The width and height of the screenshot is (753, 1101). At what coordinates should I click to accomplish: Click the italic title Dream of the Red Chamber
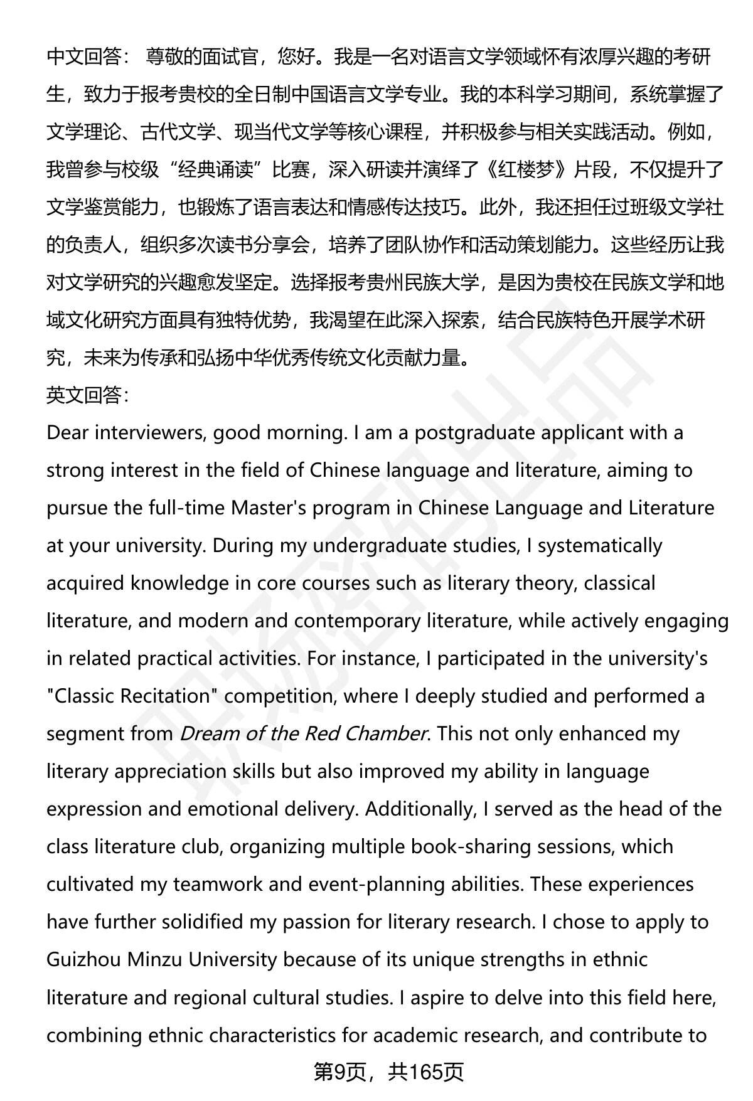pyautogui.click(x=304, y=733)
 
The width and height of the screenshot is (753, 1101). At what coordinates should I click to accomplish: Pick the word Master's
pyautogui.click(x=269, y=508)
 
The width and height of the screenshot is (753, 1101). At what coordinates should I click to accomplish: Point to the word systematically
pyautogui.click(x=600, y=546)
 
